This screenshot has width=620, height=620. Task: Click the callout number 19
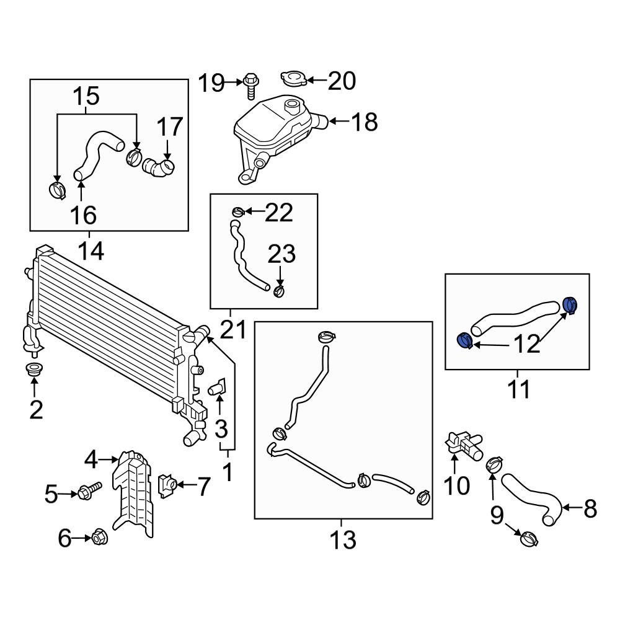(x=211, y=82)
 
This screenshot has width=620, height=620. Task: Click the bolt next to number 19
(x=250, y=84)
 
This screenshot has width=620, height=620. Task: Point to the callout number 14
(x=90, y=251)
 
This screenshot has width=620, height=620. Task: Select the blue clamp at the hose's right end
(x=570, y=305)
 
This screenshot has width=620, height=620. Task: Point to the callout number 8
(x=590, y=509)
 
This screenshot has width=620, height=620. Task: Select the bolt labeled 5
(x=87, y=492)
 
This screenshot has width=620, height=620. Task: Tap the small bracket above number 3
(x=218, y=389)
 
